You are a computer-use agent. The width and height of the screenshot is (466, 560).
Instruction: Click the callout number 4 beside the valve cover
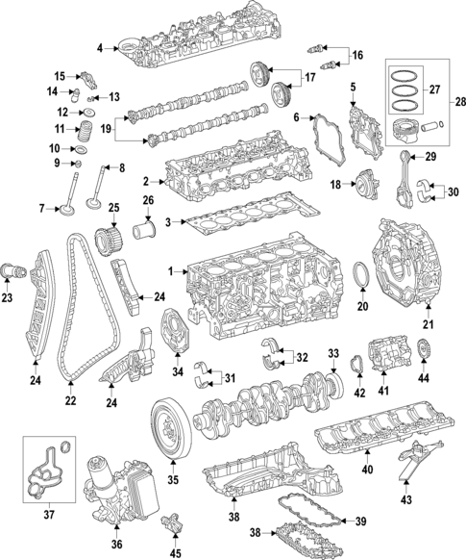pos(100,47)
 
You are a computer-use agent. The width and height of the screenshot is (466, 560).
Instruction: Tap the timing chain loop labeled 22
pos(67,318)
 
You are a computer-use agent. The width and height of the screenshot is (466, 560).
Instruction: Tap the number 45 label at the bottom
pos(174,552)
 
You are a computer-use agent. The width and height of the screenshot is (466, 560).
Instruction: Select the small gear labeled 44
pos(425,349)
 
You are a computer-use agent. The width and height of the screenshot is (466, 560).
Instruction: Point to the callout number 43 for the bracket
pos(406,499)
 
